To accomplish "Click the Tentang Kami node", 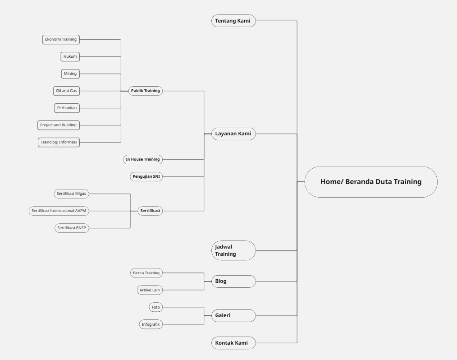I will [233, 21].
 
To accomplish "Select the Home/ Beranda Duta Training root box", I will [371, 182].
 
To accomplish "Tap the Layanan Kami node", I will [233, 134].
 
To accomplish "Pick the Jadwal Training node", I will [233, 250].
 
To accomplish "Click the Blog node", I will [233, 281].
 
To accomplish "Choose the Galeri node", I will [233, 315].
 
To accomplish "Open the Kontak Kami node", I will [233, 343].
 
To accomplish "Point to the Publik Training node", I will [145, 91].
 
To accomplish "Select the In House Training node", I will [142, 159].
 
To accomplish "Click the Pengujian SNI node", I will [146, 176].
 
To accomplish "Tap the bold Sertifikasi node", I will [150, 211].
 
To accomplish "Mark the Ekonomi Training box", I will [61, 39].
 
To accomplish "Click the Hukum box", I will [70, 56].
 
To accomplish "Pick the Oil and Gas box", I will [66, 91].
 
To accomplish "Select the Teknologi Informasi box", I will [59, 142].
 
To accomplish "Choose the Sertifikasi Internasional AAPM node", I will [59, 211].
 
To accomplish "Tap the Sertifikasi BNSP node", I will [71, 228].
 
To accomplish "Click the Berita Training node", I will [146, 273].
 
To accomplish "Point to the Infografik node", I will [151, 324].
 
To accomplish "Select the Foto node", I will [155, 307].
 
